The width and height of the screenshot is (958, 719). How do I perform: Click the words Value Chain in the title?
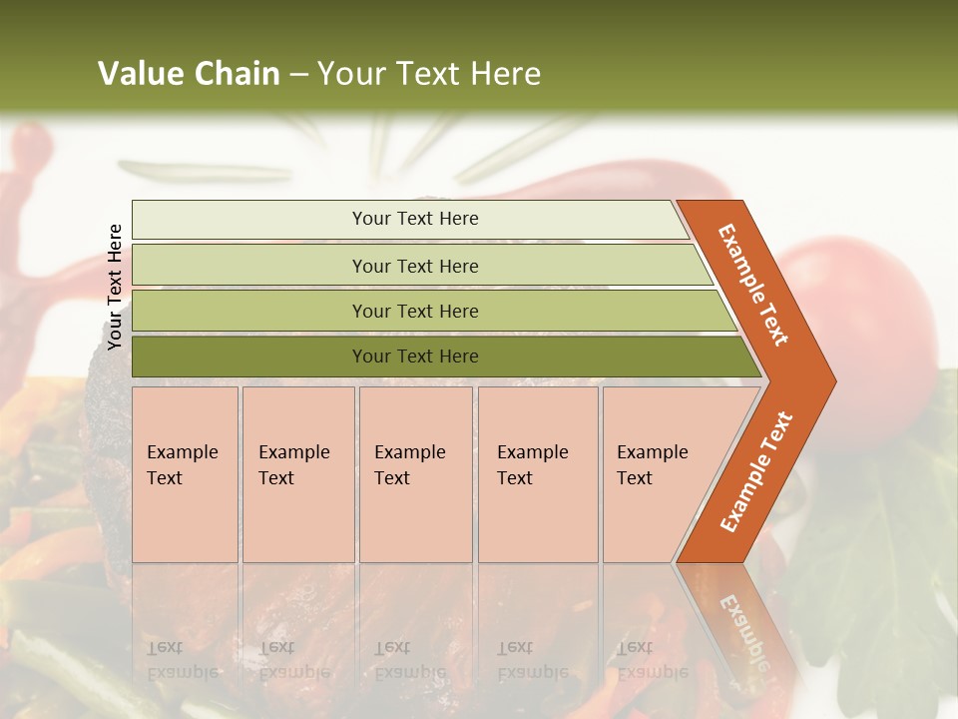point(189,74)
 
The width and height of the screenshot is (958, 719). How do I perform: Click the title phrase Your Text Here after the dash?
point(429,74)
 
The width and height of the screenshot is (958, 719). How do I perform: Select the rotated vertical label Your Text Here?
point(116,287)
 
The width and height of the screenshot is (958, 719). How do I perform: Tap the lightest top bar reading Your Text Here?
point(414,219)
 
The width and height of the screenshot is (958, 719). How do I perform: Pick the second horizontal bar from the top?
point(414,266)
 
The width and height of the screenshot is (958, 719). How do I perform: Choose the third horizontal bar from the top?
point(414,311)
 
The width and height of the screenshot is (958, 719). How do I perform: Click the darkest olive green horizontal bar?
point(414,357)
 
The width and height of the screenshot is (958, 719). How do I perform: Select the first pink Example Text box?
point(185,474)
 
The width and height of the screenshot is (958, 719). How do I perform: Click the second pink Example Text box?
point(297,474)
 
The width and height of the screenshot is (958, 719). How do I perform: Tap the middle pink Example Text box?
point(415,474)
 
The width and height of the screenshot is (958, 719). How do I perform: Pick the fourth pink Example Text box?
point(537,474)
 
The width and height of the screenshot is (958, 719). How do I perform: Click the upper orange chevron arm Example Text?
point(754,285)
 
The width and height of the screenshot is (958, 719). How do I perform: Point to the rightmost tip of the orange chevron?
point(833,380)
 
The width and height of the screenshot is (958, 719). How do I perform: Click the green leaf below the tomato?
point(878,559)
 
